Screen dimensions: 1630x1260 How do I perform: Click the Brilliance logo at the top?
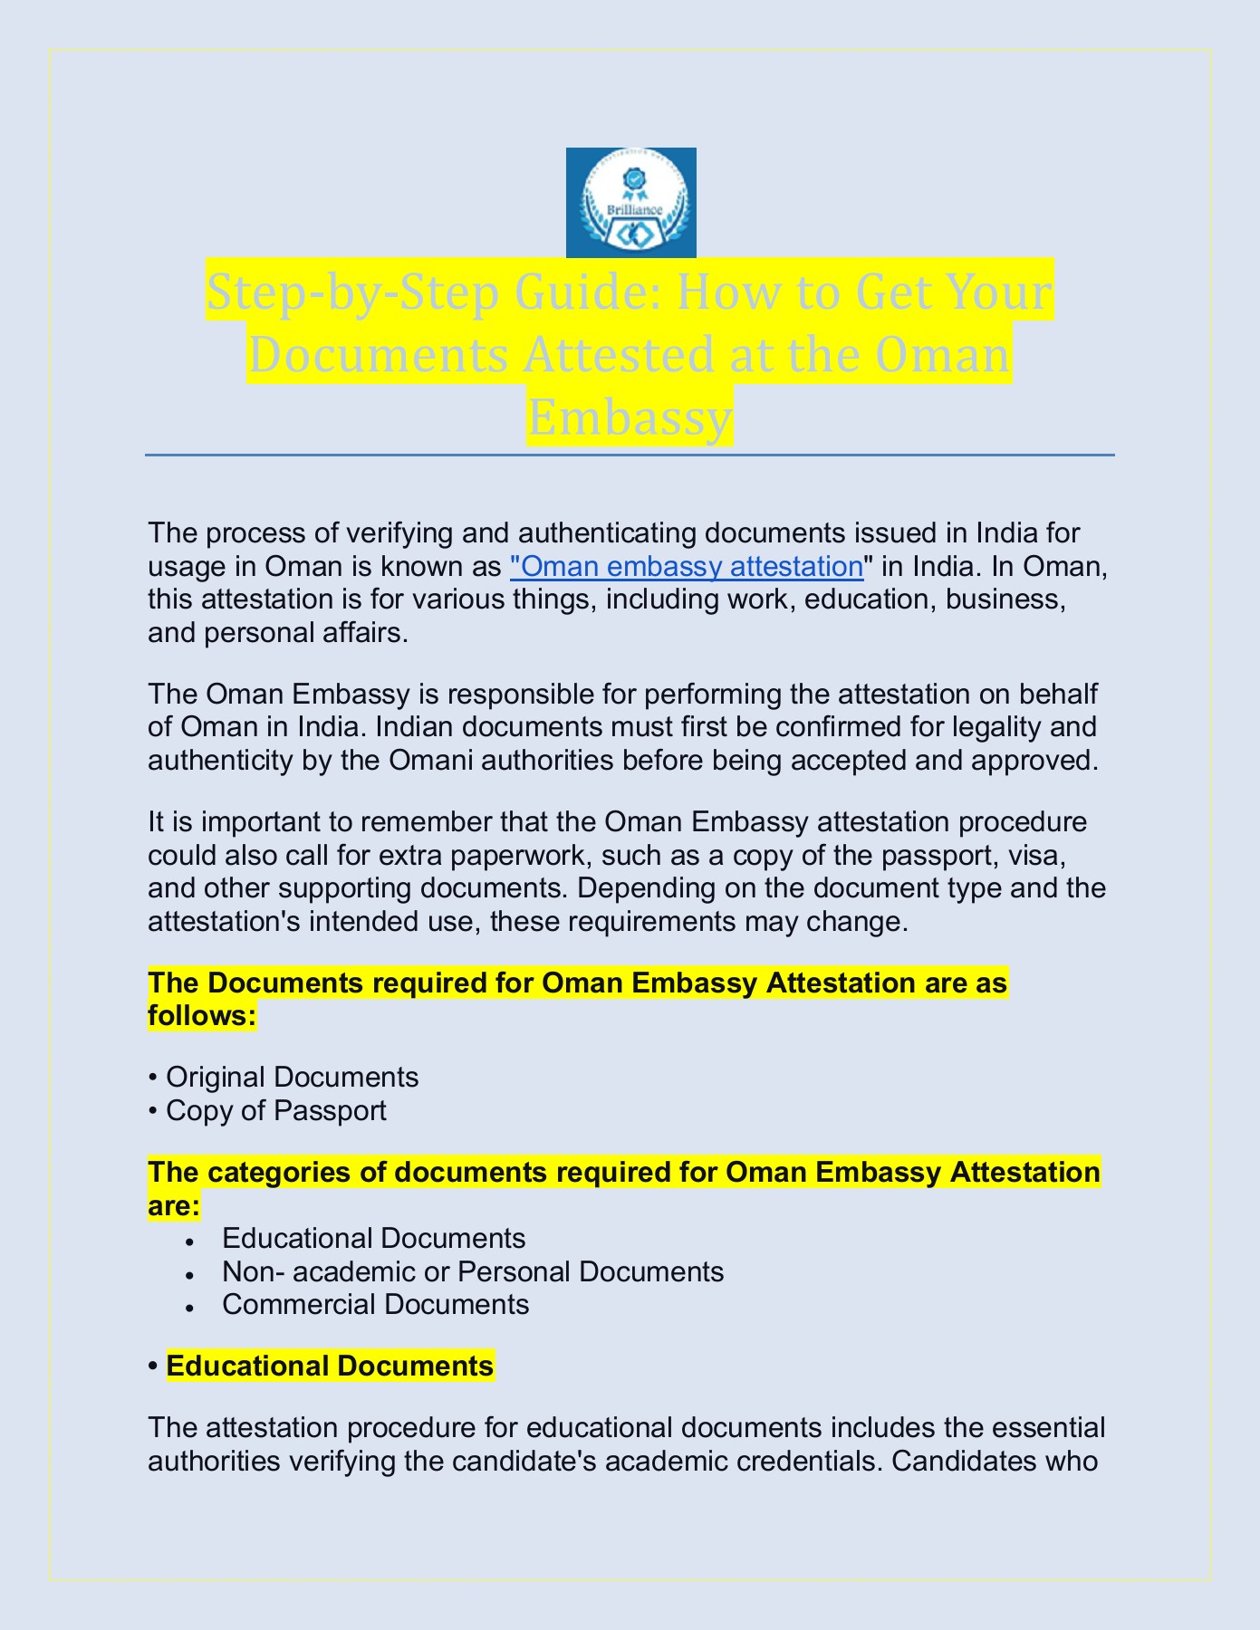630,202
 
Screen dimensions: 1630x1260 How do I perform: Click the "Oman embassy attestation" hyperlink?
687,566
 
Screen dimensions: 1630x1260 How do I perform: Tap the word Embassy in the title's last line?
630,417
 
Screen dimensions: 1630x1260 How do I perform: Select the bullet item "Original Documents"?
292,1077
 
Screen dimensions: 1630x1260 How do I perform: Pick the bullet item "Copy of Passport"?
276,1110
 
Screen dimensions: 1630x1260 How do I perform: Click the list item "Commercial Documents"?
375,1304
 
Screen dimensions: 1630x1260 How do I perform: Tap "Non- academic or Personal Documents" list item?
472,1271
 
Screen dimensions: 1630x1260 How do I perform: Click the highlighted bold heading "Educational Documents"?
330,1366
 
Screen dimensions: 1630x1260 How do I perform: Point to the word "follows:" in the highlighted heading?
202,1015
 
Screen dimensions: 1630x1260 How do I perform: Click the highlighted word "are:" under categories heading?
173,1205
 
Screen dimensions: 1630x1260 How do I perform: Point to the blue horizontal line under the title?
630,455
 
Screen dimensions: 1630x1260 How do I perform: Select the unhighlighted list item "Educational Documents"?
373,1238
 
